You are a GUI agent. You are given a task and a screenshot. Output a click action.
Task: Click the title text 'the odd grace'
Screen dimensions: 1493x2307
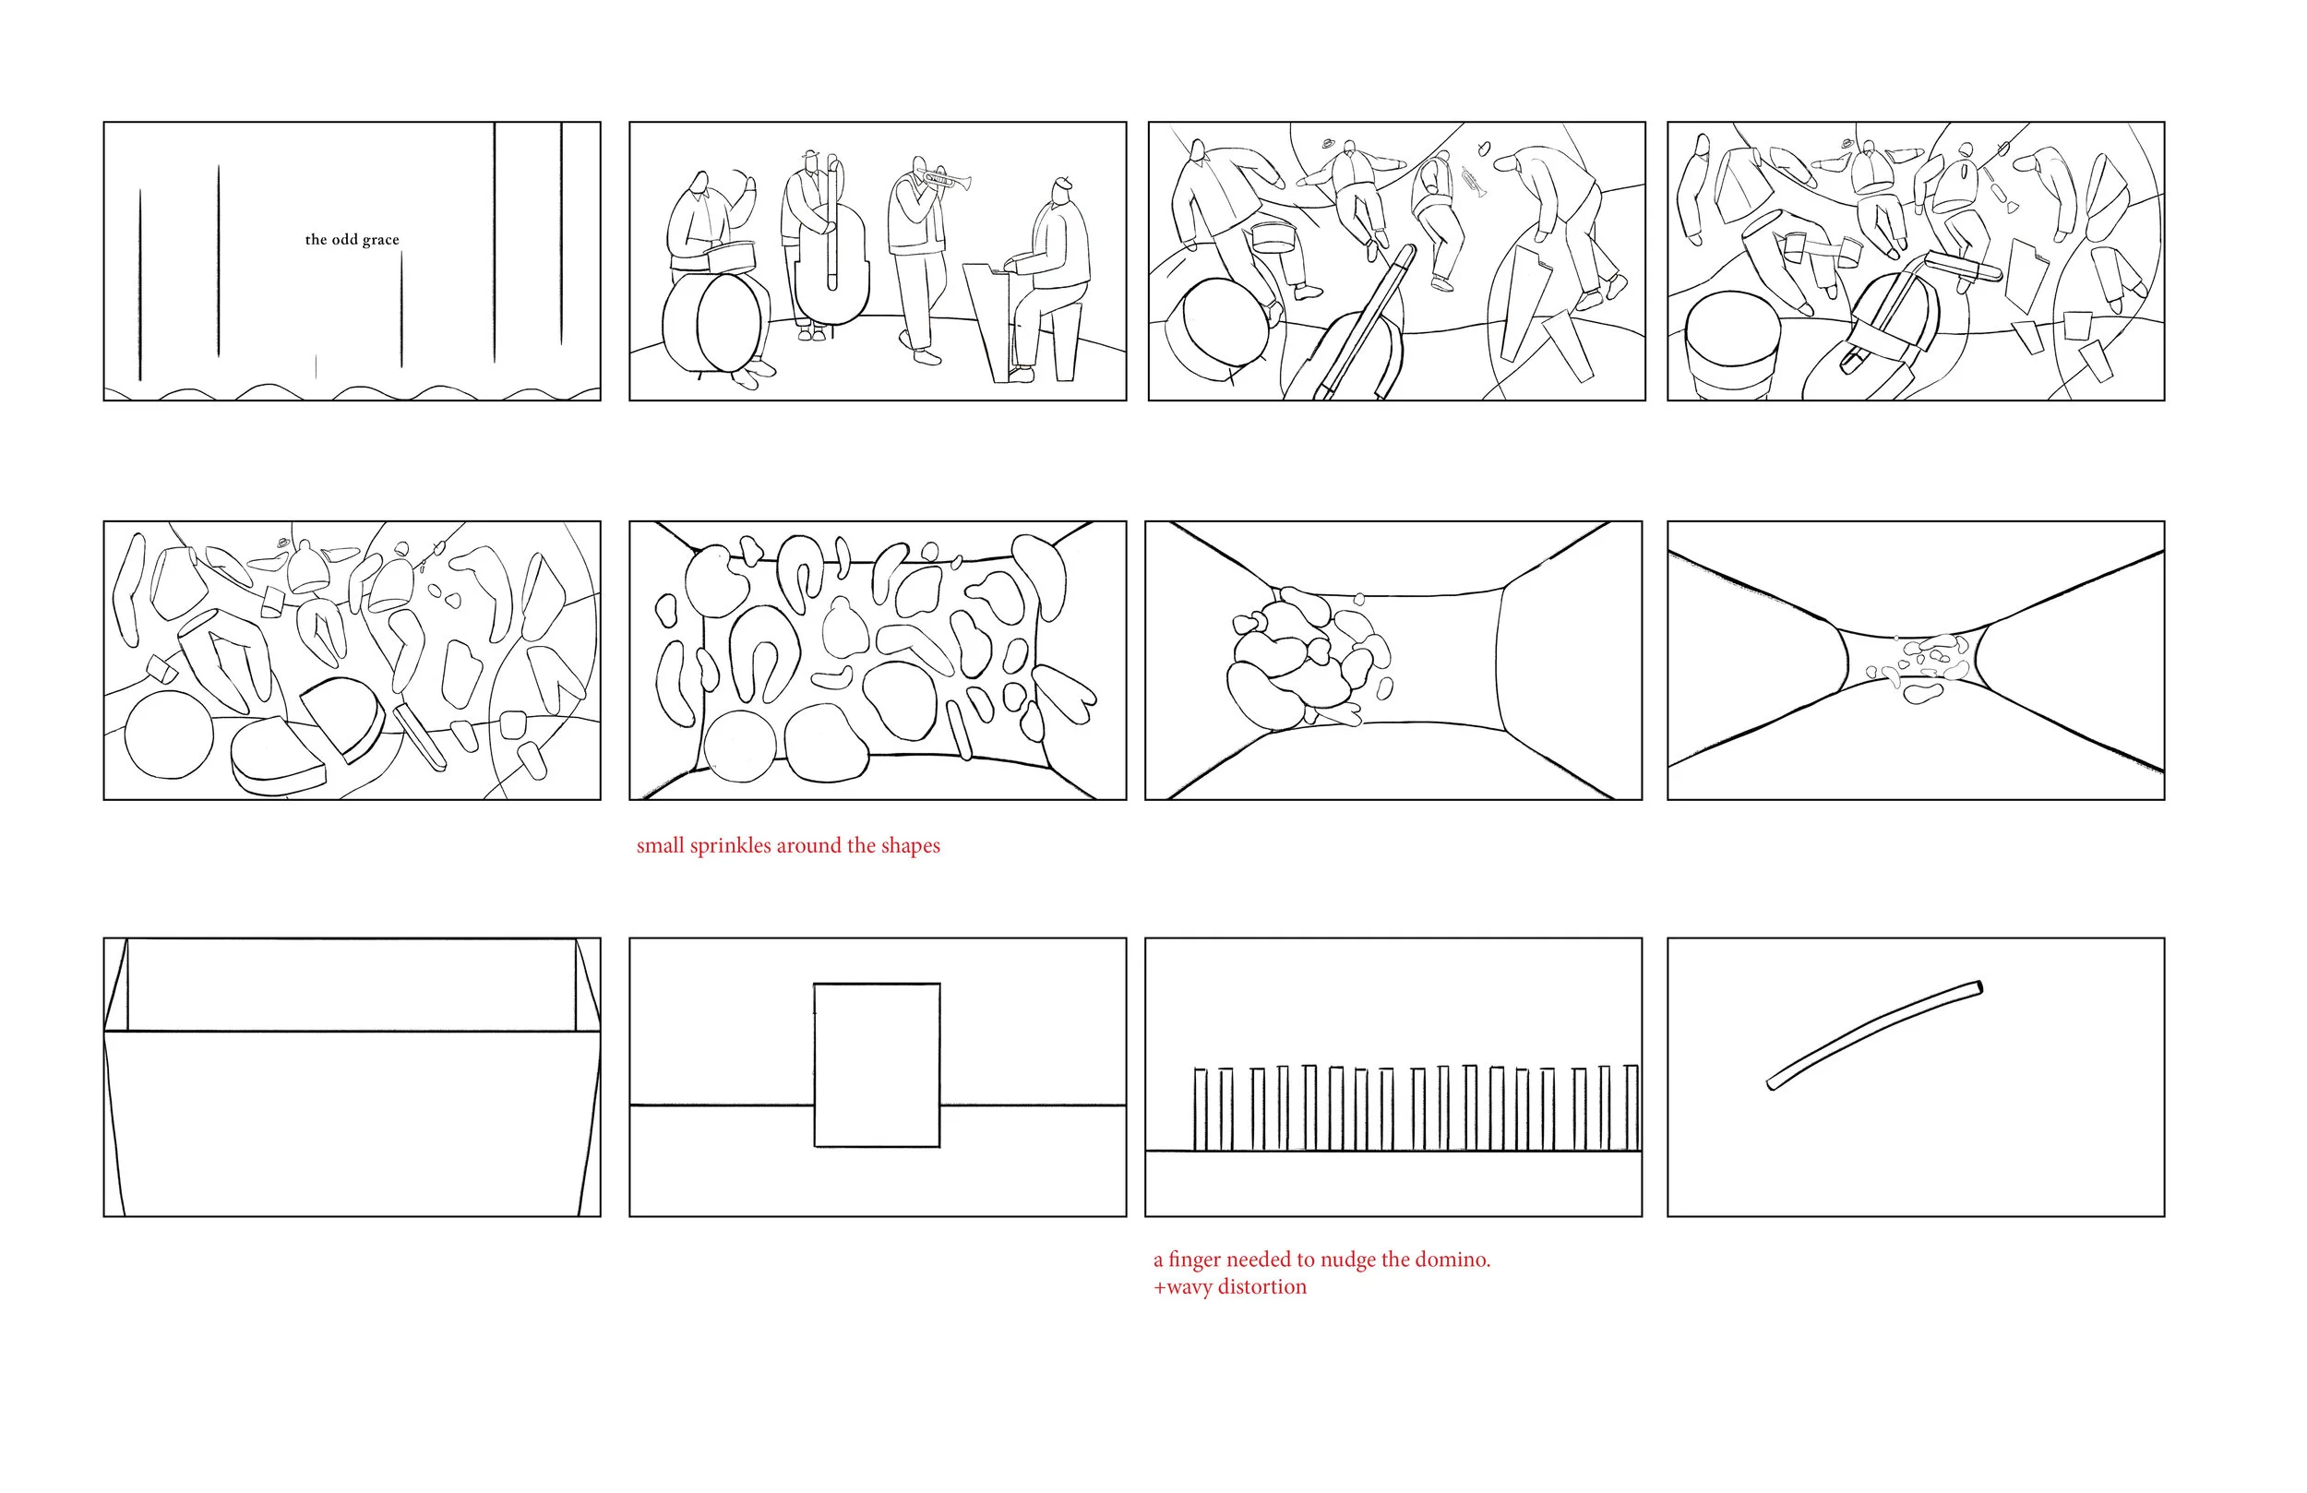pyautogui.click(x=352, y=240)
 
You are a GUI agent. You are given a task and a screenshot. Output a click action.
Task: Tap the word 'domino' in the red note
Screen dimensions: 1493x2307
pyautogui.click(x=1450, y=1260)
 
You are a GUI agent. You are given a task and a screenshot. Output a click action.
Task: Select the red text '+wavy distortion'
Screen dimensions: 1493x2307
pyautogui.click(x=1229, y=1286)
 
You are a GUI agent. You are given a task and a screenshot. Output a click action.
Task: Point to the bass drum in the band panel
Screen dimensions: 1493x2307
pyautogui.click(x=712, y=322)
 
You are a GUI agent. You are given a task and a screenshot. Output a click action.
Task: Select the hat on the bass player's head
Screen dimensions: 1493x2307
pyautogui.click(x=810, y=155)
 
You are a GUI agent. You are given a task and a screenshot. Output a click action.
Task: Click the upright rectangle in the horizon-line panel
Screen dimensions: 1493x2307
pyautogui.click(x=877, y=1066)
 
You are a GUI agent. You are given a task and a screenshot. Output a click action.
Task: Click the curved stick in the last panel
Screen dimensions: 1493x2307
pyautogui.click(x=1875, y=1034)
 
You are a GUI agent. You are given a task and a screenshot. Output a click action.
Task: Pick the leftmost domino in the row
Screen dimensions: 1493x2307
pyautogui.click(x=1200, y=1109)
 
